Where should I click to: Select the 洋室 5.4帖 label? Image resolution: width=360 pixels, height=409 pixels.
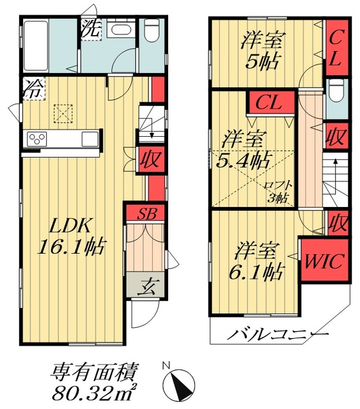(245, 148)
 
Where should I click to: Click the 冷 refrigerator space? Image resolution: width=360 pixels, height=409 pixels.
(31, 88)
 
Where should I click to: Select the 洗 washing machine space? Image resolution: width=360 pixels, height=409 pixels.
(91, 29)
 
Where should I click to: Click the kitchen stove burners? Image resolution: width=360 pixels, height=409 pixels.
(36, 139)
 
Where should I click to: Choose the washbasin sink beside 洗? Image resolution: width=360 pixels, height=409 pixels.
(119, 31)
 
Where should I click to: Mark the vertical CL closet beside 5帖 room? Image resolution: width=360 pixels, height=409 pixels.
(335, 49)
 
